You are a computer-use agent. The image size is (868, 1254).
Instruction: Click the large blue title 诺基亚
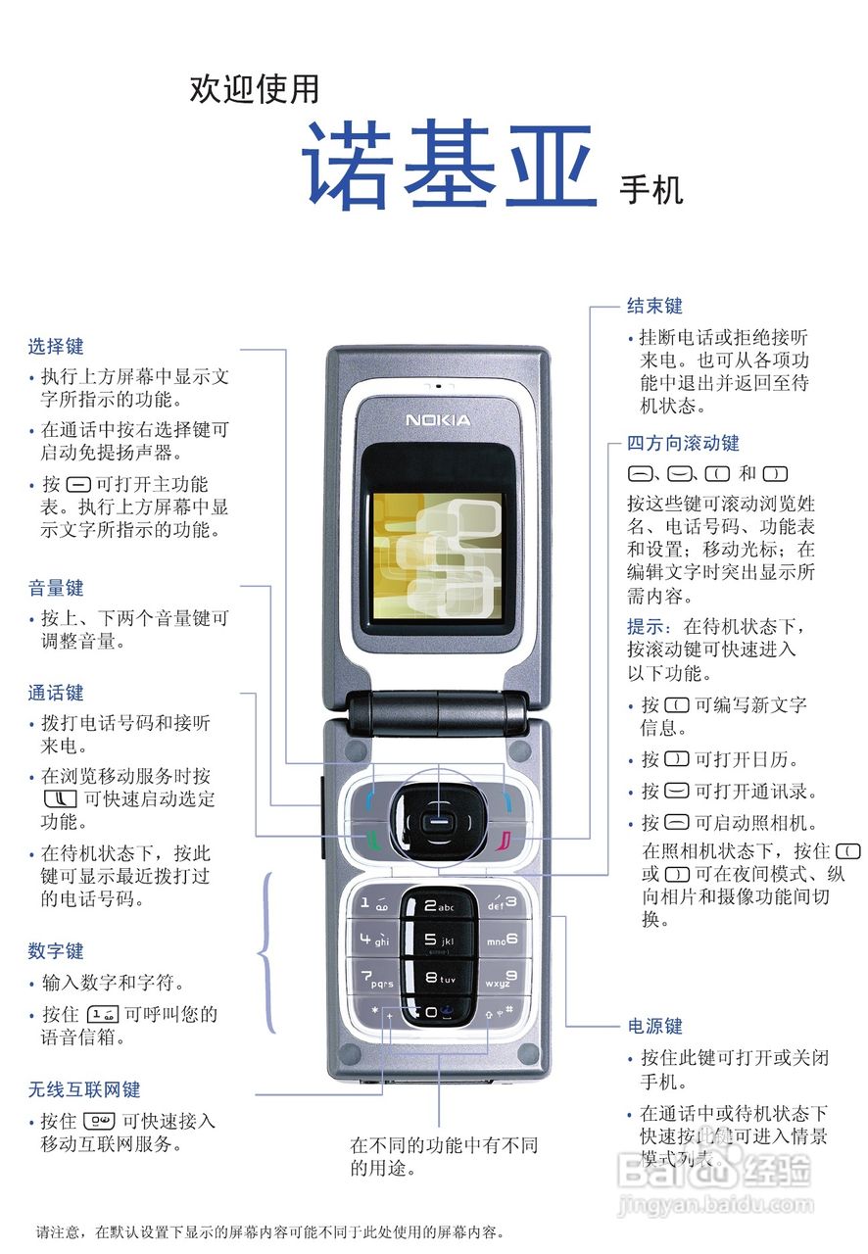[448, 166]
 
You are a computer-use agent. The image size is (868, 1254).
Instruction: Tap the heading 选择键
[56, 346]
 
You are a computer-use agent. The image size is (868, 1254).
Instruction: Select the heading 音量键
[56, 588]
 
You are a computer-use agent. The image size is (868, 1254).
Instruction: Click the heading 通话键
[56, 693]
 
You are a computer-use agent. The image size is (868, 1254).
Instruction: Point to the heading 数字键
[56, 950]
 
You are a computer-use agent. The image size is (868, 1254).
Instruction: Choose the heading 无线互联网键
[84, 1088]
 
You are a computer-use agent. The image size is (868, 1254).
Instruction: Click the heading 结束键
[654, 306]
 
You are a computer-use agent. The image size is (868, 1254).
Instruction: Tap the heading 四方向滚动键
[683, 443]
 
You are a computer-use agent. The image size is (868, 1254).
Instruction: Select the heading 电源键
[654, 1026]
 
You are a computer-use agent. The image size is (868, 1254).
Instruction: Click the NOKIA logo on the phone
[438, 420]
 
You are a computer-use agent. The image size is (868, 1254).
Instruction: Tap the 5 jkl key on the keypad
[438, 940]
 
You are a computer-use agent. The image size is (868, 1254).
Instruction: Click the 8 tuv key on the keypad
[438, 977]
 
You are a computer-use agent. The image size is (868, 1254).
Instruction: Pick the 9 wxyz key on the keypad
[502, 978]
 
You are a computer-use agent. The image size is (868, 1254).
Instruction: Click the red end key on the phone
[504, 840]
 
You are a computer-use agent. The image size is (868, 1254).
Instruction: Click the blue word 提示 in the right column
[648, 625]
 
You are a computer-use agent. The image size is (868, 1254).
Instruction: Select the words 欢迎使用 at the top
[254, 89]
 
